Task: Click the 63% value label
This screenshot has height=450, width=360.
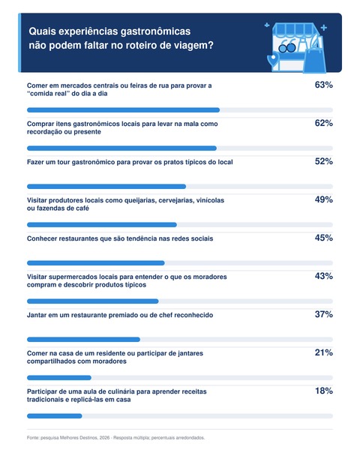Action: point(323,85)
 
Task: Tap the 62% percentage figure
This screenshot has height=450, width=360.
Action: point(323,123)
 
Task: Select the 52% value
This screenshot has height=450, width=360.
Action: point(323,161)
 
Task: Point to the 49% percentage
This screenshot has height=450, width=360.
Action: point(323,199)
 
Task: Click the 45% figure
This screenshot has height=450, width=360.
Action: point(323,238)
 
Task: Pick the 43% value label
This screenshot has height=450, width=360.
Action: point(323,276)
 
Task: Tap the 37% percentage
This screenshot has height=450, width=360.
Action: point(323,314)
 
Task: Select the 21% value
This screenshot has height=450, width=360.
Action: point(323,352)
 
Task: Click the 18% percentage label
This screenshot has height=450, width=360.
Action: point(324,391)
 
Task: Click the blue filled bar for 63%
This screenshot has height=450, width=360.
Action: point(124,110)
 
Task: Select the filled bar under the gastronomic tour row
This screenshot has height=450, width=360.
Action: point(106,187)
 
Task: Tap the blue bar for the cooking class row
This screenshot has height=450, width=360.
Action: point(55,415)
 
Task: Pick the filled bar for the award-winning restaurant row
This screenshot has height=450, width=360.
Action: point(83,340)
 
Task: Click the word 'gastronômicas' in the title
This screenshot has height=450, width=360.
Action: point(155,31)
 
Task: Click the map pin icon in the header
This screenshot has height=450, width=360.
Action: point(273,59)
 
